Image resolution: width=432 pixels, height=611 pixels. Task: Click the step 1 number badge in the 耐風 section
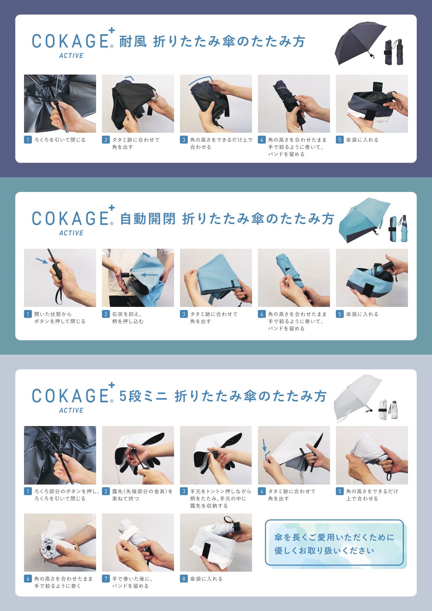click(28, 140)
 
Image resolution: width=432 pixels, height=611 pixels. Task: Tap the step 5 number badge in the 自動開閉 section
click(340, 314)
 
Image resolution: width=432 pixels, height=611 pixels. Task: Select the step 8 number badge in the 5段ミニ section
click(184, 579)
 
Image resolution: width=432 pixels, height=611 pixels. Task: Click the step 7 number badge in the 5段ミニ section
click(106, 579)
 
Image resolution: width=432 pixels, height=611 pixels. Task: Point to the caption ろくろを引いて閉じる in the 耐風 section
click(60, 140)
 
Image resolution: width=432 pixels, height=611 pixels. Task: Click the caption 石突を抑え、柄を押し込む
click(128, 318)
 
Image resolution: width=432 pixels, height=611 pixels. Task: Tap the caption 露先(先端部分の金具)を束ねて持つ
click(142, 495)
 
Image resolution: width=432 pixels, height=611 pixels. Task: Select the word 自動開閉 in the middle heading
click(148, 219)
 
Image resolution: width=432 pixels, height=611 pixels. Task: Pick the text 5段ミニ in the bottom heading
click(143, 396)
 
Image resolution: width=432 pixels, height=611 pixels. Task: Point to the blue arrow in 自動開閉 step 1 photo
click(42, 261)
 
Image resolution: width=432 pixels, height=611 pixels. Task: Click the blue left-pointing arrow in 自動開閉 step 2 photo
click(149, 274)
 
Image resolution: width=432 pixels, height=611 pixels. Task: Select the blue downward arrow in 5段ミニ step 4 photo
click(264, 445)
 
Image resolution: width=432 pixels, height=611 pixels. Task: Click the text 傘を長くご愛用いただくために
click(334, 537)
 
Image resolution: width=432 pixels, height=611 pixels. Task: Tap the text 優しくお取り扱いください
click(324, 551)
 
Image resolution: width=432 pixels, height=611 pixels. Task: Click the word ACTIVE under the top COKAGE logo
click(71, 56)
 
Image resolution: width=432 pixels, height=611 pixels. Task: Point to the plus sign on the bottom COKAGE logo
click(111, 385)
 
